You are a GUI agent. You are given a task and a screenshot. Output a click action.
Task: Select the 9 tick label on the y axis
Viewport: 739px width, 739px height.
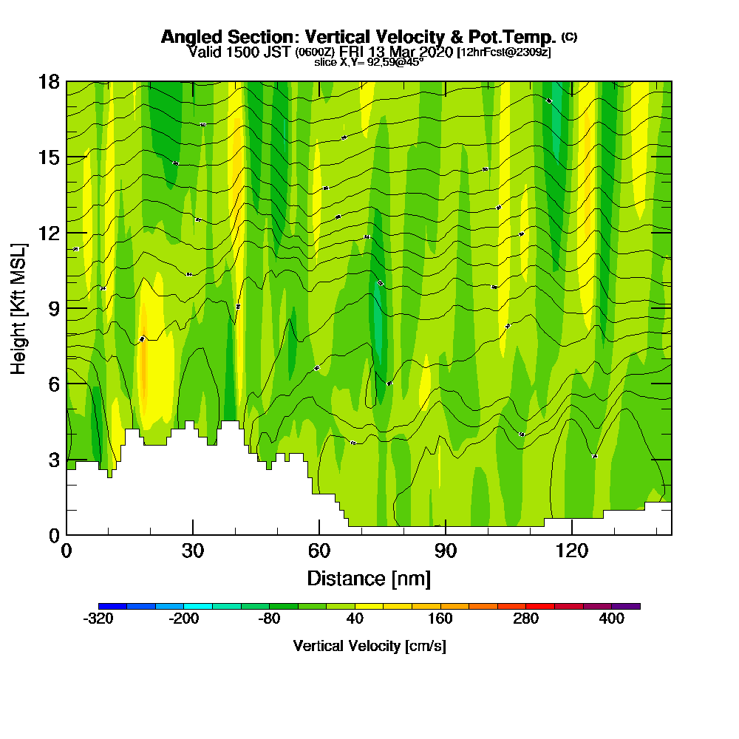[x=53, y=308]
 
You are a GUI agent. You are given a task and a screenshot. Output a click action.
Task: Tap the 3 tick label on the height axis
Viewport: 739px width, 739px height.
[x=53, y=460]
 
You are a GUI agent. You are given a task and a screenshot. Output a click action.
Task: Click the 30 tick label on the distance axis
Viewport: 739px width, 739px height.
[x=193, y=551]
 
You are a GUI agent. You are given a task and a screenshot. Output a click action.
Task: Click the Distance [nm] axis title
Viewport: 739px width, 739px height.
[x=369, y=577]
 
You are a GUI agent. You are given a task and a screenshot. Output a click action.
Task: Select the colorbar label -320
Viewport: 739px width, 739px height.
[x=99, y=619]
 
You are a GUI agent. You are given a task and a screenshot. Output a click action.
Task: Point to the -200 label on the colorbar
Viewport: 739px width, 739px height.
[x=184, y=619]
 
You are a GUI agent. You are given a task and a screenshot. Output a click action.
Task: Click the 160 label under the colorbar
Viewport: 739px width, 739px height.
[x=440, y=619]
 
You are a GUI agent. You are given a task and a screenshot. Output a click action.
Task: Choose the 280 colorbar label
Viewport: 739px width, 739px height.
[x=526, y=619]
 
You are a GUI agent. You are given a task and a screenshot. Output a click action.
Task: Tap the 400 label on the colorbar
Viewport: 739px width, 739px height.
[x=612, y=619]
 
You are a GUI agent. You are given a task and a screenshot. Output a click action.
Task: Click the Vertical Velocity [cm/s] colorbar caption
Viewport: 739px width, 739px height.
[x=369, y=646]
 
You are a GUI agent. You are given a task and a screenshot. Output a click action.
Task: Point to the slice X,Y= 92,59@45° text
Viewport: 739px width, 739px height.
[x=369, y=62]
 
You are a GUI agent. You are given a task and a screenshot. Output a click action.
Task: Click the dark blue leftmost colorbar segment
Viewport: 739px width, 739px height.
[x=112, y=606]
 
